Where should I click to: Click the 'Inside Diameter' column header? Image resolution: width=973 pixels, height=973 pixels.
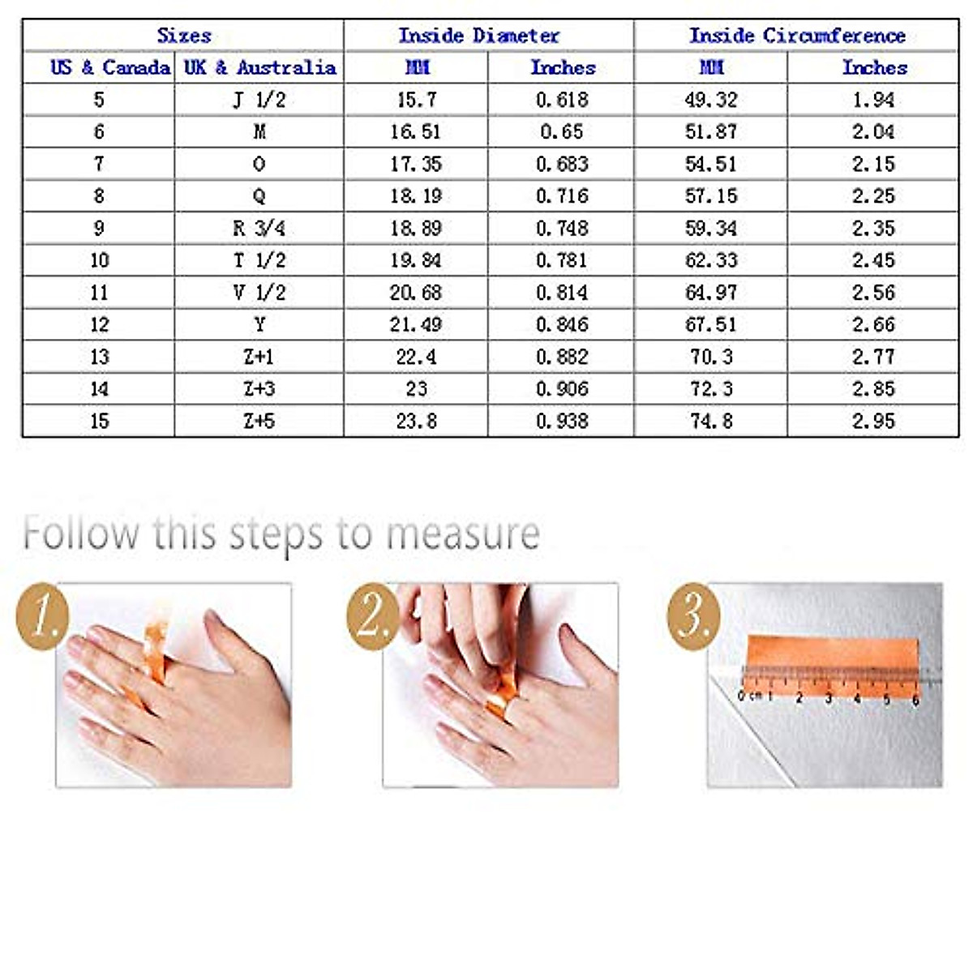(478, 36)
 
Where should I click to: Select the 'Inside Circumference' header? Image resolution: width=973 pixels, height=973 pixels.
(796, 36)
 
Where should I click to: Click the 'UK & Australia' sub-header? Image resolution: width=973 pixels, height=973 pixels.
(259, 67)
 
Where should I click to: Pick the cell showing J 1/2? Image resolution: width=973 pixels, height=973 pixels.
(259, 100)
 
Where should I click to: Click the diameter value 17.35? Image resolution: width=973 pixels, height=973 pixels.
(415, 164)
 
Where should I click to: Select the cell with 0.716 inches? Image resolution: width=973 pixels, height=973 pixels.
(561, 196)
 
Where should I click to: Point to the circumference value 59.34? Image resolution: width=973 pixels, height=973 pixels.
(710, 229)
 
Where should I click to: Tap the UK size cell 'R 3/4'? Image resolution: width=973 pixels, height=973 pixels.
(259, 229)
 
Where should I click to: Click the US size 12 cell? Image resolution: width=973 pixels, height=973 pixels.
(99, 325)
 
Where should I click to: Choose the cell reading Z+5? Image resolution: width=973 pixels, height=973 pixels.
(259, 422)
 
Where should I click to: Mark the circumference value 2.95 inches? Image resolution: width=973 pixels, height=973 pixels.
(872, 422)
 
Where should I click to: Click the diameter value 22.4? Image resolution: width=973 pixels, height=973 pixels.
(415, 357)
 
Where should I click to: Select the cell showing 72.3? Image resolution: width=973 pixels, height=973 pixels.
(710, 389)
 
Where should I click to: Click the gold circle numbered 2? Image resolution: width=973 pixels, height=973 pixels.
(372, 616)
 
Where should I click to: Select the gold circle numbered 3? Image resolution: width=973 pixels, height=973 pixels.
(693, 616)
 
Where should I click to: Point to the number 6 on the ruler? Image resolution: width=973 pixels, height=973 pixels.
(915, 699)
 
